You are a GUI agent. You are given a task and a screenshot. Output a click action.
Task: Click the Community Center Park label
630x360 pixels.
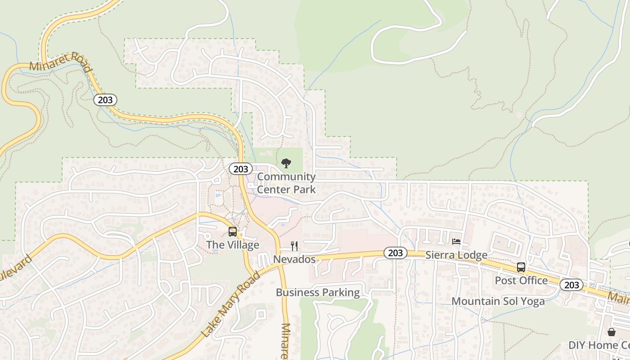(x=286, y=183)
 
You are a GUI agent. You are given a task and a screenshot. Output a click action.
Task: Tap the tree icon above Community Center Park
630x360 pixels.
(x=286, y=163)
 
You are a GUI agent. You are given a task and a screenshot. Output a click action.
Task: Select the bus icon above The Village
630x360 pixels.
(x=233, y=232)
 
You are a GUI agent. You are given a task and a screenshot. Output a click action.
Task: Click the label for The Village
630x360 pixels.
(x=233, y=245)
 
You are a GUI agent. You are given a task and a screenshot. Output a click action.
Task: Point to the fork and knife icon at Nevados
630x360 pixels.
(x=294, y=246)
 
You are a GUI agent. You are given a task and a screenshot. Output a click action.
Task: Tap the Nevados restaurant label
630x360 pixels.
(x=294, y=259)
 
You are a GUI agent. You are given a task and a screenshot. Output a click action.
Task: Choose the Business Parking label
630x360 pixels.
(x=318, y=292)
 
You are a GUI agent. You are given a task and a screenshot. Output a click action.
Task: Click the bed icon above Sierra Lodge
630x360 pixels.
(x=456, y=242)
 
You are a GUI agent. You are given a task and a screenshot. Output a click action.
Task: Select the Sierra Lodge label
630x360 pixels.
(x=456, y=255)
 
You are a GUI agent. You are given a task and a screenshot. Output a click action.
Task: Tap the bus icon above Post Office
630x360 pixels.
(x=521, y=267)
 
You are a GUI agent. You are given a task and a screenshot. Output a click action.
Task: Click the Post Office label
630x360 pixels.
(x=521, y=280)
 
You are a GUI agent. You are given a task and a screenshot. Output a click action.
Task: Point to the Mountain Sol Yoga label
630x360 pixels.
(x=498, y=301)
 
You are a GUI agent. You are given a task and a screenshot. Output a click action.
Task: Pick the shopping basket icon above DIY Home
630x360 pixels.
(x=612, y=332)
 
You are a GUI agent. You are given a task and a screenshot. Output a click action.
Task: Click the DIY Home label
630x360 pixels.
(x=598, y=345)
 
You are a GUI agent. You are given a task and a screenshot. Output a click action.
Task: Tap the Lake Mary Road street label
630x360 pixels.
(x=231, y=304)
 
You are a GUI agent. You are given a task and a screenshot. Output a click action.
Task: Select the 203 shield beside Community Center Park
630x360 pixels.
(x=241, y=169)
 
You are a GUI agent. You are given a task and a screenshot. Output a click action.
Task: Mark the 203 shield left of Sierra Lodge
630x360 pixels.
(x=396, y=253)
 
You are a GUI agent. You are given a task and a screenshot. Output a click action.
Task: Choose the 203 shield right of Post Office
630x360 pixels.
(x=571, y=285)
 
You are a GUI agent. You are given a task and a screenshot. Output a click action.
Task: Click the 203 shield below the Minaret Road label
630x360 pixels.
(x=105, y=99)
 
